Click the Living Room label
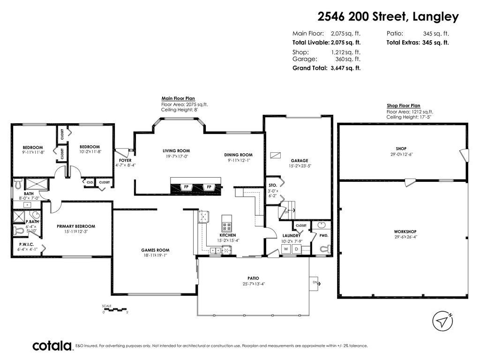click(x=176, y=151)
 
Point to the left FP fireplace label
click(x=186, y=187)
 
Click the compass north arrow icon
click(x=442, y=321)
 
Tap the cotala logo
click(x=52, y=346)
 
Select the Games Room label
click(x=155, y=250)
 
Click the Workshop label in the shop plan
click(x=405, y=232)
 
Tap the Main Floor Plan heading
click(x=178, y=98)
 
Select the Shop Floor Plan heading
click(x=403, y=106)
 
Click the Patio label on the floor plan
click(x=254, y=278)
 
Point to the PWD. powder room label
click(x=324, y=235)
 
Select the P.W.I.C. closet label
click(x=26, y=244)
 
